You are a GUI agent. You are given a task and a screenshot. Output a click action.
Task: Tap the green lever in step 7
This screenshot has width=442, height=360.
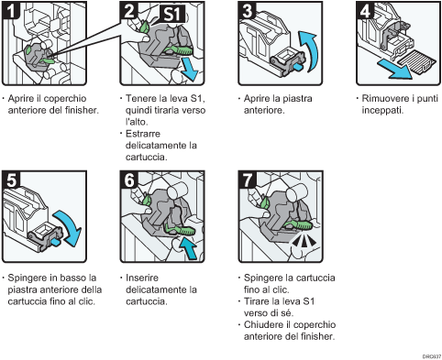coord(302,222)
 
